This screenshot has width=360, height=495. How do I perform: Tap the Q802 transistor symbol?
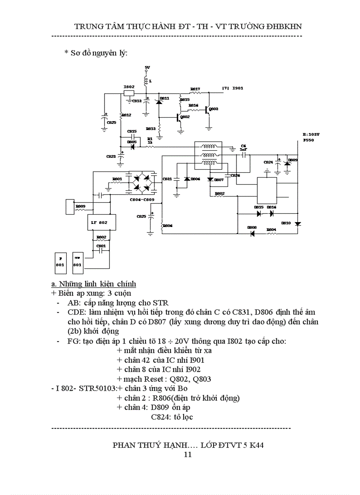(x=178, y=118)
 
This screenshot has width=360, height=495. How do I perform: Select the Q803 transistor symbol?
(x=207, y=110)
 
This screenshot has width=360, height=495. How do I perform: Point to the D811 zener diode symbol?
(x=158, y=102)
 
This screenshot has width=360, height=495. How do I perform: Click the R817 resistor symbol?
(x=195, y=93)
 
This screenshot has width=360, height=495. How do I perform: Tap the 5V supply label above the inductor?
(x=147, y=67)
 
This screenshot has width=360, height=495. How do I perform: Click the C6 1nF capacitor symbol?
(x=243, y=155)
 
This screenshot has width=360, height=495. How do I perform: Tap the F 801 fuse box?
(x=60, y=262)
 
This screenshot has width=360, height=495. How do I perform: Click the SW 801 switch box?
(x=78, y=262)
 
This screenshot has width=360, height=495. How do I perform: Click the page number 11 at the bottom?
(x=187, y=454)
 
